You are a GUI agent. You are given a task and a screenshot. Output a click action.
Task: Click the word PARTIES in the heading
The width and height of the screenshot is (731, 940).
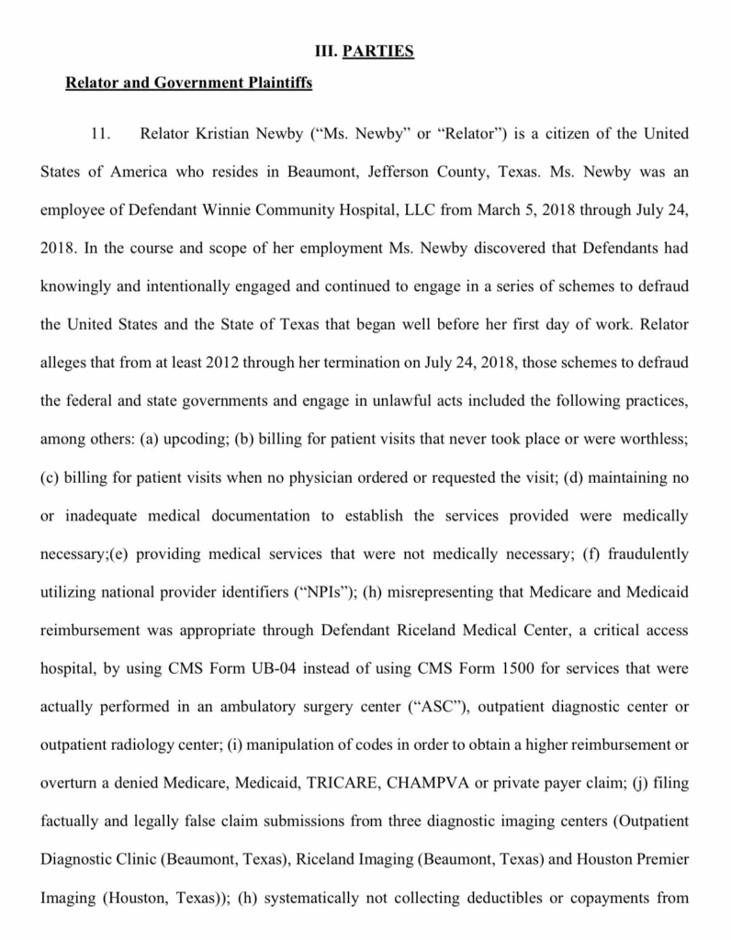tap(377, 51)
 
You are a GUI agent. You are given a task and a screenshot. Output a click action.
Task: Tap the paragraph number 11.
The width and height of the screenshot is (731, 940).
tap(102, 135)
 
